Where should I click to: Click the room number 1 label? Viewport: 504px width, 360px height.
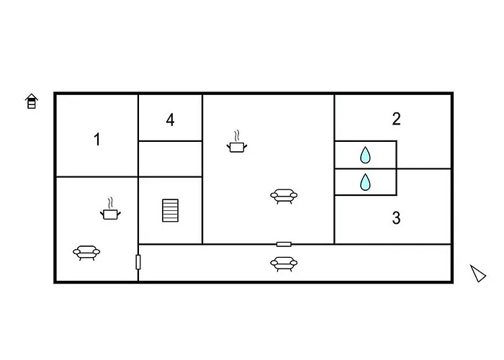tap(96, 140)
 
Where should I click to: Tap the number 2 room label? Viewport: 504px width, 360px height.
tap(396, 119)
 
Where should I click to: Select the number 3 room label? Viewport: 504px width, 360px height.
tap(396, 218)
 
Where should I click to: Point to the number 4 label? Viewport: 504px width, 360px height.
tap(170, 120)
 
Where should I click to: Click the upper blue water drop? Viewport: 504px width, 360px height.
tap(365, 155)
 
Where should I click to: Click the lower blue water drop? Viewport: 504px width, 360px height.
tap(365, 182)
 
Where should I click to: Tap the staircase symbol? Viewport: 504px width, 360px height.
tap(170, 210)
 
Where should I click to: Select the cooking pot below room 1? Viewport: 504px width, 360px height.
tap(110, 214)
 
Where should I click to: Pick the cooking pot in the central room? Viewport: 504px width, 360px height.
tap(237, 147)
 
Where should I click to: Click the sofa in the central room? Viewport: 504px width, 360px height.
tap(284, 196)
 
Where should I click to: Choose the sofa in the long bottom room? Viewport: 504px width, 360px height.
tap(284, 264)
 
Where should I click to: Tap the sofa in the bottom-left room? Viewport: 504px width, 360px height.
tap(86, 253)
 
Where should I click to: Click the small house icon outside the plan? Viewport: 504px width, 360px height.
tap(32, 102)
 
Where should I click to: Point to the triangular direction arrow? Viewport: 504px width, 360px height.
tap(478, 274)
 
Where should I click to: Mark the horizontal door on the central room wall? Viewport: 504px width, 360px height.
tap(284, 244)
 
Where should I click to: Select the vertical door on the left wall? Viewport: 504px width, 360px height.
tap(138, 262)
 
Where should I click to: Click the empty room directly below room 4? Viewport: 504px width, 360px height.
tap(171, 159)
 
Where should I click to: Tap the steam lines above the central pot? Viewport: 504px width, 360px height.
tap(237, 135)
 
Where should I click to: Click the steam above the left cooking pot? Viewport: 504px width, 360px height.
tap(111, 203)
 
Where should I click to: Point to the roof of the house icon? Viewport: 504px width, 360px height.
tap(32, 96)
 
